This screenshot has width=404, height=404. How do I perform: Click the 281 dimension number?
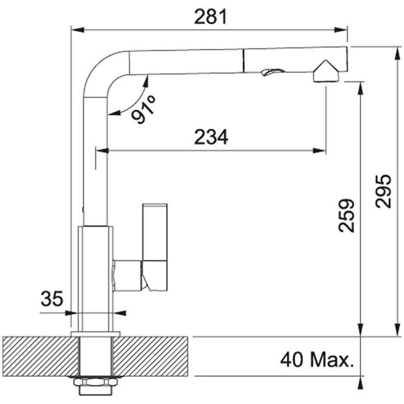pyautogui.click(x=210, y=17)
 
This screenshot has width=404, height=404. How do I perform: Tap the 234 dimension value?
pyautogui.click(x=211, y=137)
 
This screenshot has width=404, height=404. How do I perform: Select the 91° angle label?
pyautogui.click(x=143, y=110)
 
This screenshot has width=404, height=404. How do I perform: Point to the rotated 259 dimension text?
pyautogui.click(x=346, y=215)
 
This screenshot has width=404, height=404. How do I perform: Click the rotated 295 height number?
pyautogui.click(x=383, y=191)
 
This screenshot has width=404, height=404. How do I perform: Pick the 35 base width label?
pyautogui.click(x=52, y=299)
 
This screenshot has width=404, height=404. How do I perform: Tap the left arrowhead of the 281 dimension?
pyautogui.click(x=78, y=30)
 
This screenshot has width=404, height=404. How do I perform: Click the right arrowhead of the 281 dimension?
pyautogui.click(x=341, y=30)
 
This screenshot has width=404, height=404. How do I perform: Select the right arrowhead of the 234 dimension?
pyautogui.click(x=319, y=150)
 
